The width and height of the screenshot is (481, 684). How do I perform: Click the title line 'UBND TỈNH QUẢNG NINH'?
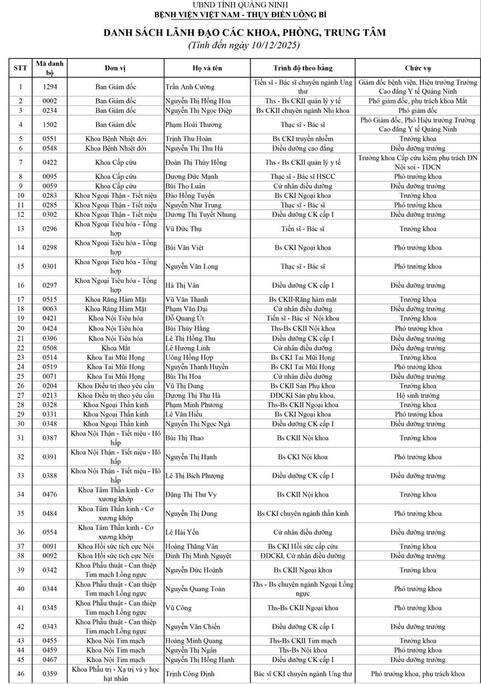[x=240, y=5]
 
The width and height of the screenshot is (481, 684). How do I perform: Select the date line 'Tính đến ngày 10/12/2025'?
[x=240, y=45]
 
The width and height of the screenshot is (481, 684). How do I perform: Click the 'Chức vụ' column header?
[x=418, y=69]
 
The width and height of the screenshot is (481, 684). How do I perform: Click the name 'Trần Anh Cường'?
[x=190, y=87]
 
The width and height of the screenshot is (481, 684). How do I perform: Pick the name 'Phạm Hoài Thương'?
[x=194, y=124]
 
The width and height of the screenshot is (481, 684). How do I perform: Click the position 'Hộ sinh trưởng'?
[x=418, y=395]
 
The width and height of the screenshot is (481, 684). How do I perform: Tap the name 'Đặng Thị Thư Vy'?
[x=194, y=494]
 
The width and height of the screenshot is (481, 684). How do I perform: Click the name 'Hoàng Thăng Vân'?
[x=193, y=546]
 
